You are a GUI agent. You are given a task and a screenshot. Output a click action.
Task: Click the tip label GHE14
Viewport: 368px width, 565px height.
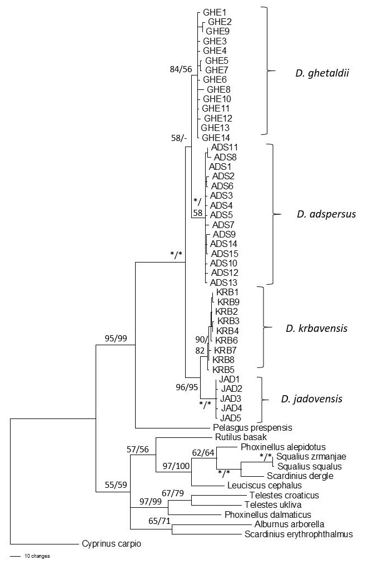(216, 138)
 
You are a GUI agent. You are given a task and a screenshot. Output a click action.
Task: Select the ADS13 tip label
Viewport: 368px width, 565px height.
(223, 282)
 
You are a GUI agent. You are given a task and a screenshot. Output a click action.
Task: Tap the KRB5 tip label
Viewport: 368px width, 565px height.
(223, 369)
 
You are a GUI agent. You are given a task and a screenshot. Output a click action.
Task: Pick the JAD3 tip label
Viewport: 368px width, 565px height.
(231, 398)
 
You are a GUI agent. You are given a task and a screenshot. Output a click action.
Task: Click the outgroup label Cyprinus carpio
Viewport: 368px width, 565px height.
(112, 544)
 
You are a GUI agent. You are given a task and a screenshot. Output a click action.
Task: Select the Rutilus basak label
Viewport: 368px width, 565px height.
(241, 437)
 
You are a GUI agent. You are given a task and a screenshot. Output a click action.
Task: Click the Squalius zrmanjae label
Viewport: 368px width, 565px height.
(311, 457)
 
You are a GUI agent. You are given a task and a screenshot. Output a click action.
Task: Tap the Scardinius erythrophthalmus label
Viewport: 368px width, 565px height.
(299, 534)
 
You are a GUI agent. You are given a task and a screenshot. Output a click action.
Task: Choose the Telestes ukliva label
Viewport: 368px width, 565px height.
(273, 505)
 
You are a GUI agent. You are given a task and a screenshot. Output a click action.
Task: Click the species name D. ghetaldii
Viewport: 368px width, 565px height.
(322, 74)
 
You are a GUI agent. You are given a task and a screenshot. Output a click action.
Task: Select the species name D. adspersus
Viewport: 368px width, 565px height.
(326, 214)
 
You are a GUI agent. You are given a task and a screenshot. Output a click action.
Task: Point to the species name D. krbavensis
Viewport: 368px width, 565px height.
(317, 328)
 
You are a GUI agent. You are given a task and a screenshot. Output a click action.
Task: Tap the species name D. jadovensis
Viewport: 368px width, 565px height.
(312, 399)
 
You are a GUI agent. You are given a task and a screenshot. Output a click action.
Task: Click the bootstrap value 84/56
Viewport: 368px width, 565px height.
(181, 69)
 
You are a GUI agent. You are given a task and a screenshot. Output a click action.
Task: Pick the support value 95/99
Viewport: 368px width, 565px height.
(116, 339)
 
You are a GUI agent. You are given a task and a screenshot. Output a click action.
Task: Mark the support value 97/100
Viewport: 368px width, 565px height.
(176, 466)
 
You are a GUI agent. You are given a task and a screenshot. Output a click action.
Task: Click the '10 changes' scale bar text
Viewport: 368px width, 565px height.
(37, 556)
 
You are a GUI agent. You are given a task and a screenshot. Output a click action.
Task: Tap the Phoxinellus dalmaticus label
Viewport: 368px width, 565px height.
(268, 514)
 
